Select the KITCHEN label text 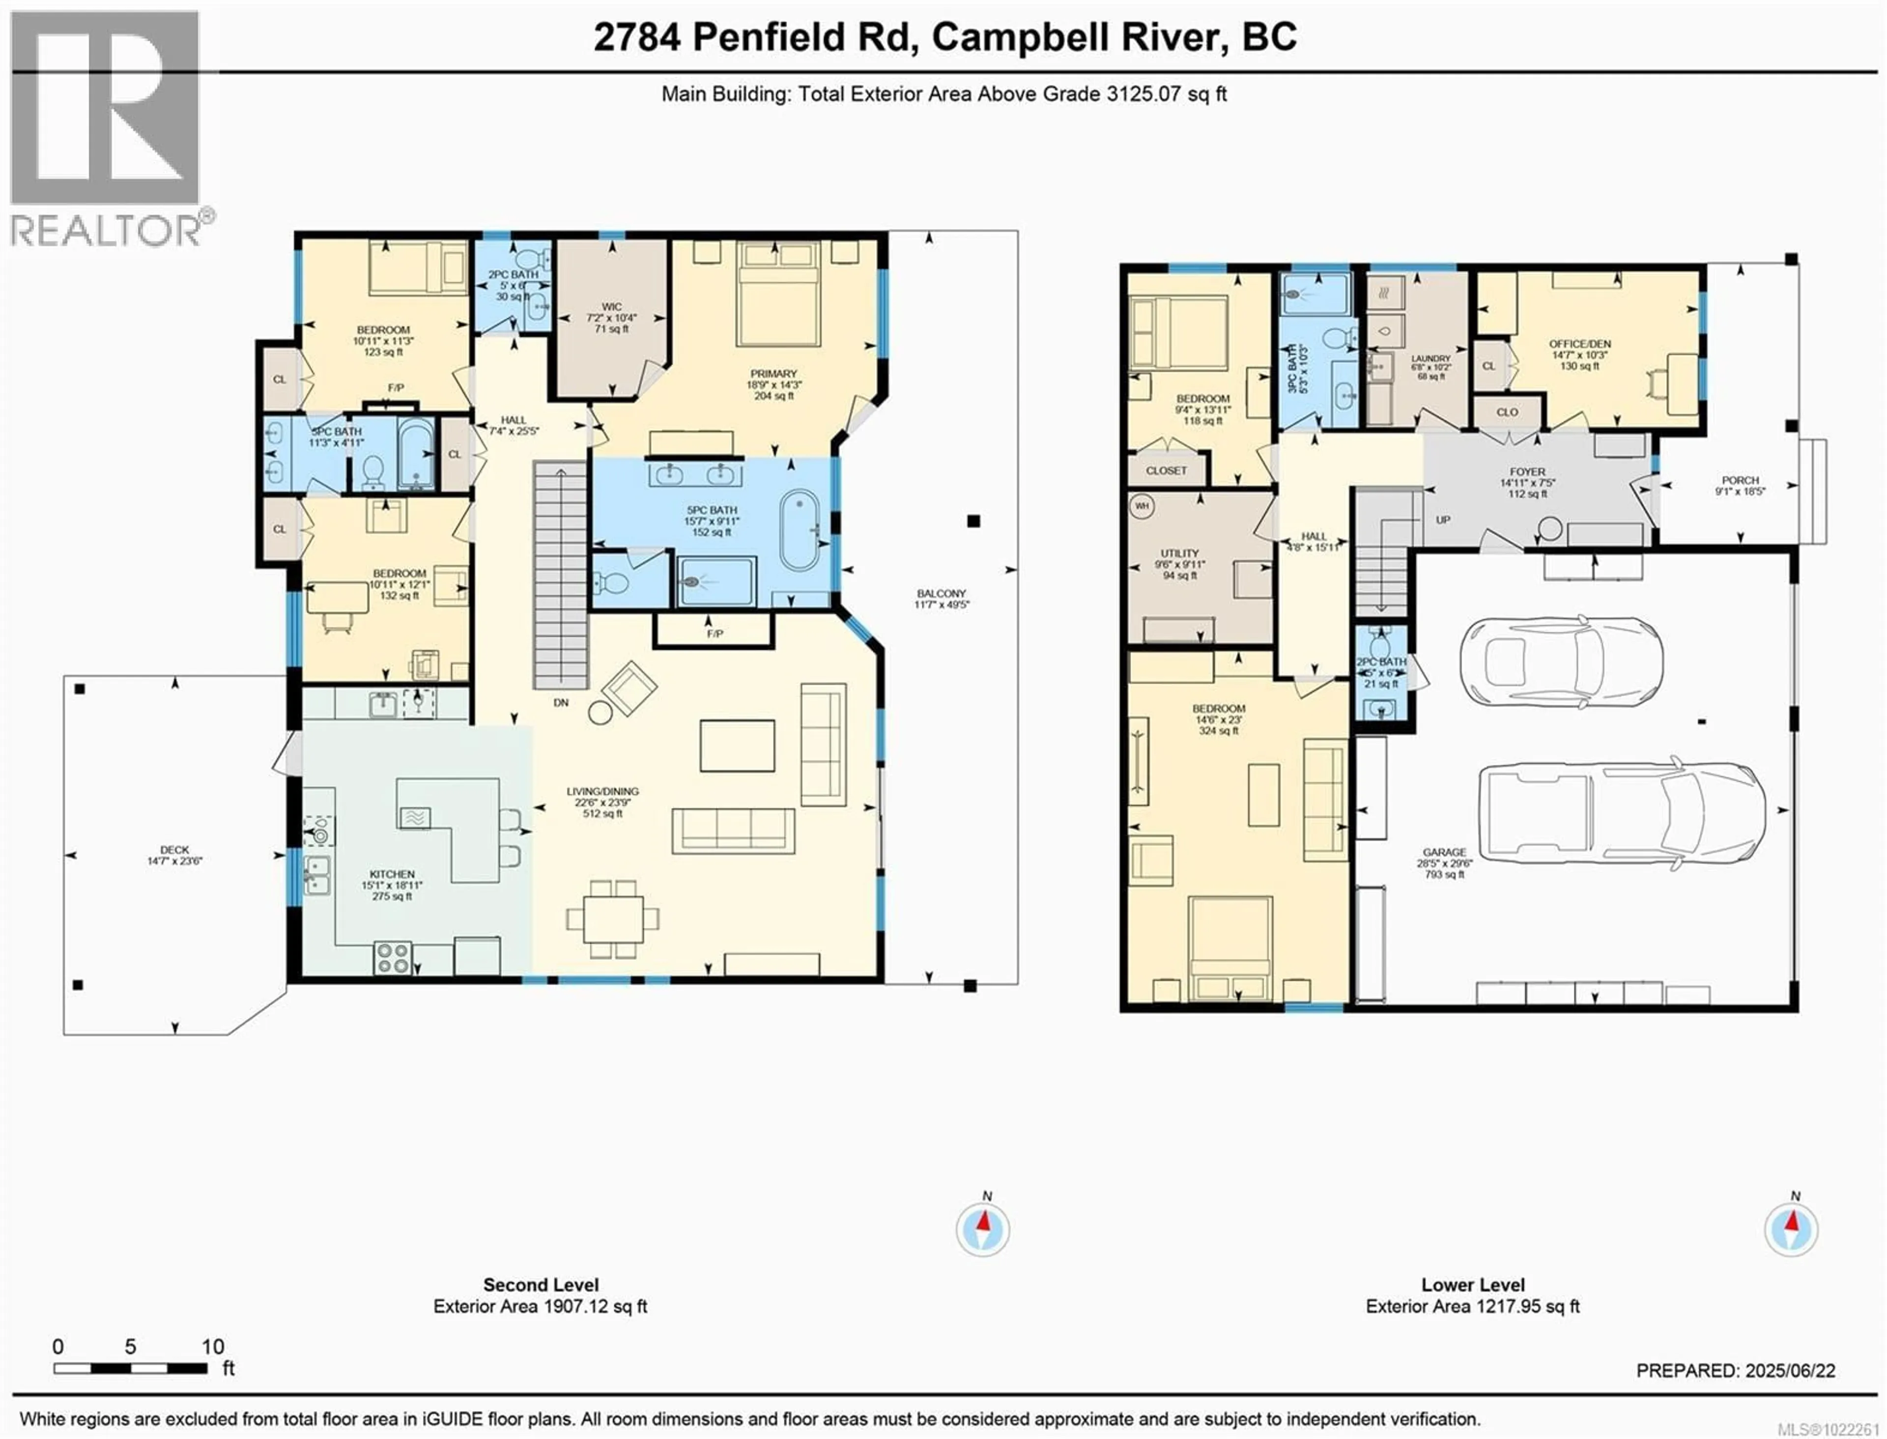[x=392, y=874]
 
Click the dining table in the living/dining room [x=612, y=918]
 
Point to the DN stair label [x=561, y=702]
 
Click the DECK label [x=175, y=850]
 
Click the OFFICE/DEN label [x=1579, y=344]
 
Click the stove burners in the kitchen [x=392, y=958]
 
